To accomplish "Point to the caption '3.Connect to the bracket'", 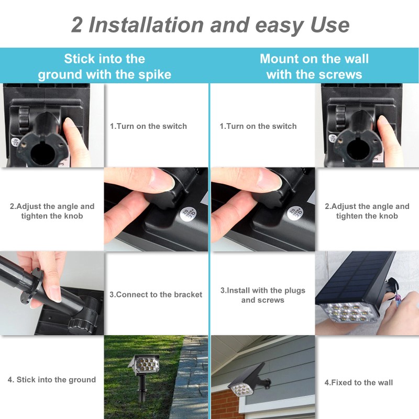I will pyautogui.click(x=156, y=294).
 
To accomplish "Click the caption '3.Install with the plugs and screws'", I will pyautogui.click(x=262, y=295).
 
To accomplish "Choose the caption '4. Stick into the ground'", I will pyautogui.click(x=52, y=380).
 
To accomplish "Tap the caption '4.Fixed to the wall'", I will pyautogui.click(x=358, y=382).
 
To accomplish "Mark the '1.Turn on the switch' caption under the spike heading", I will pyautogui.click(x=148, y=126).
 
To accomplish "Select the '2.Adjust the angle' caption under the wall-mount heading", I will pyautogui.click(x=367, y=211).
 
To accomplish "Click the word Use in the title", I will pyautogui.click(x=324, y=25).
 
